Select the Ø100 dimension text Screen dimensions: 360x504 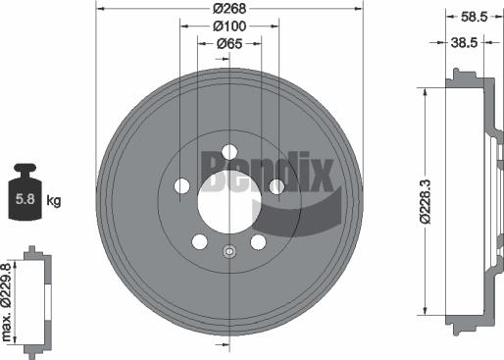tap(229, 26)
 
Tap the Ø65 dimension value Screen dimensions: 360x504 tap(229, 43)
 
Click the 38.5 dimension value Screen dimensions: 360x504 tap(462, 44)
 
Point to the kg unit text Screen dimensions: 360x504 tap(54, 201)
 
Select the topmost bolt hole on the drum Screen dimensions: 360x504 tap(229, 151)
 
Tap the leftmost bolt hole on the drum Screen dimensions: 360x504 tap(181, 186)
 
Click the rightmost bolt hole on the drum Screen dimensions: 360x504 tap(277, 186)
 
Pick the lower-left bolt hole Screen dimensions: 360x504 tap(200, 242)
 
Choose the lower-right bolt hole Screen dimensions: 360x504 tap(259, 242)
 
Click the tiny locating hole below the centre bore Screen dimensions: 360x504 tap(229, 251)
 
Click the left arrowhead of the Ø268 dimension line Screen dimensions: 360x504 tap(101, 10)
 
